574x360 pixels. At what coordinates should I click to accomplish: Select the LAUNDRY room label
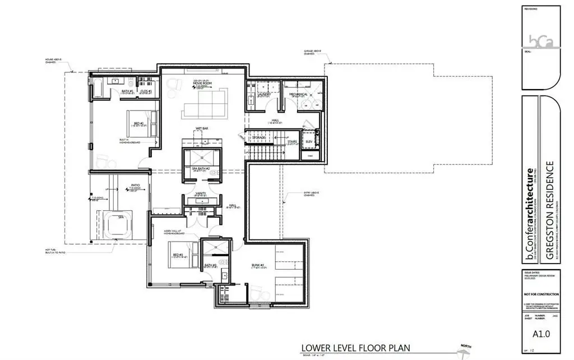pyautogui.click(x=264, y=95)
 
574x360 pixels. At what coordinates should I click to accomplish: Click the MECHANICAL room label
pyautogui.click(x=298, y=95)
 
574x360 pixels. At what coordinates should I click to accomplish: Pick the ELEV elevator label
pyautogui.click(x=309, y=142)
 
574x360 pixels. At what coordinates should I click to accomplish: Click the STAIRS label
pyautogui.click(x=292, y=142)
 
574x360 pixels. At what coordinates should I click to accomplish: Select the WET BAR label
pyautogui.click(x=202, y=128)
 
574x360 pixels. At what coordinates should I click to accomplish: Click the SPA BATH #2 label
pyautogui.click(x=201, y=168)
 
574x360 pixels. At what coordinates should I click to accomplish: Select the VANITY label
pyautogui.click(x=201, y=193)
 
